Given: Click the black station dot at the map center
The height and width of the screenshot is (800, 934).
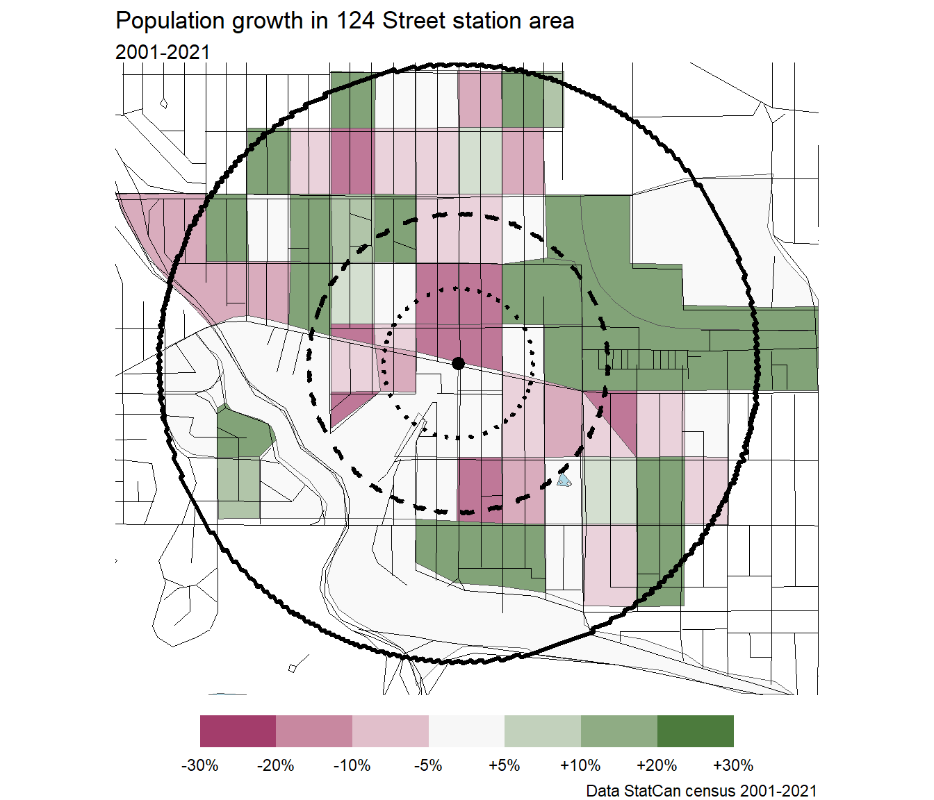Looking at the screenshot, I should coord(458,363).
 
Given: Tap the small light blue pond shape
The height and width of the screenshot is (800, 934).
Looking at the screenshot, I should coord(564,481).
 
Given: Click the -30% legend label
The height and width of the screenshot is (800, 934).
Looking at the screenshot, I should coord(200,765).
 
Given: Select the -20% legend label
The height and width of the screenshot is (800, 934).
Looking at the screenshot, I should coord(276,765).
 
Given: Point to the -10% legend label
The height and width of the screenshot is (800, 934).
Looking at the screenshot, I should coord(352,765).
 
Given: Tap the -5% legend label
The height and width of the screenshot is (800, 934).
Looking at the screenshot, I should coord(428,765).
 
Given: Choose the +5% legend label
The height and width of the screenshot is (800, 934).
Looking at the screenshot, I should coord(505,765).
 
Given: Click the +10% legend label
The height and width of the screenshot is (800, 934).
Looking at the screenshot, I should coord(580,765).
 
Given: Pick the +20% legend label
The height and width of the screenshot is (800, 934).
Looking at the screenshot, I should coord(657,765).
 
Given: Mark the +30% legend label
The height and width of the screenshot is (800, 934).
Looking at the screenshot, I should coord(733,765).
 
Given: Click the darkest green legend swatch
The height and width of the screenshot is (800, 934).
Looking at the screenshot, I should coord(695,731).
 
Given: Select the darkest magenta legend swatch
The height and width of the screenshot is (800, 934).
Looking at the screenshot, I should coord(238,731).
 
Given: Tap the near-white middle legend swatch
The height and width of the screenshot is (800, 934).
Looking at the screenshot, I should coord(466,731).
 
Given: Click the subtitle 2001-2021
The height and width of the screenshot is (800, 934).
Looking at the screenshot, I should coord(163,52).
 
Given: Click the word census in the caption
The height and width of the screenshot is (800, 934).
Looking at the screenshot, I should coord(710,791).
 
